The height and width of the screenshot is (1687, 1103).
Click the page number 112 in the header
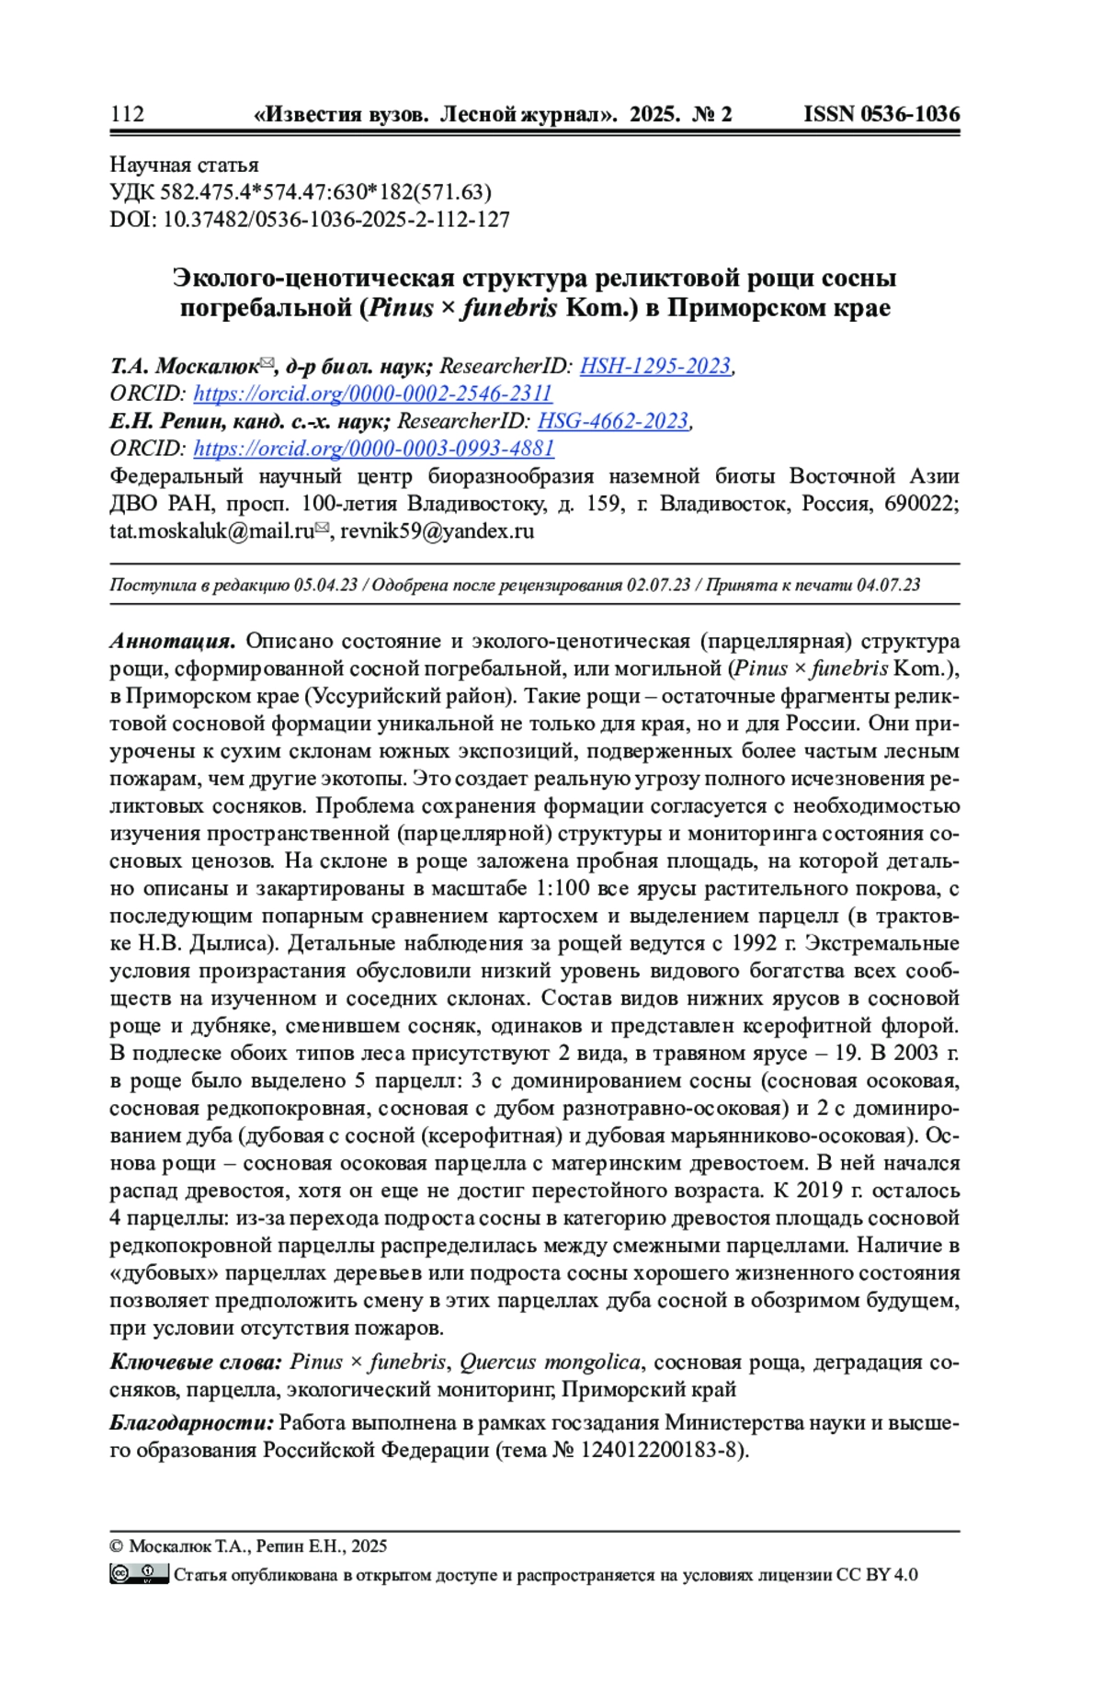coord(127,114)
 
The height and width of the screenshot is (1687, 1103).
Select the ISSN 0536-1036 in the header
coord(881,114)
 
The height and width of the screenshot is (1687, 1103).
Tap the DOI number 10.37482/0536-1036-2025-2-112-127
coord(335,220)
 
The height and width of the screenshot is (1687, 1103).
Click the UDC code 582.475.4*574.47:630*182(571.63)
coord(325,192)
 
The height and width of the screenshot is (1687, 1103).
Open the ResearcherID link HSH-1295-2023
coord(654,366)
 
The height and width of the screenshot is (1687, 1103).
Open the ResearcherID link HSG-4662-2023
coord(612,421)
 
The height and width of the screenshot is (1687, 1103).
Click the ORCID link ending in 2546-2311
coord(372,393)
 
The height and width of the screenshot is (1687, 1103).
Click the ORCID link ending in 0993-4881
coord(373,449)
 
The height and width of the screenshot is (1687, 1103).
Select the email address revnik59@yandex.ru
coord(437,531)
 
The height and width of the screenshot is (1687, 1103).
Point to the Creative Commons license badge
coord(139,1573)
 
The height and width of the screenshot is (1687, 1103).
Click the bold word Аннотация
coord(173,641)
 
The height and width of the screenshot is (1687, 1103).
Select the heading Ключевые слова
coord(195,1362)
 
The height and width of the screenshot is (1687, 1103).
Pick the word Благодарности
coord(191,1422)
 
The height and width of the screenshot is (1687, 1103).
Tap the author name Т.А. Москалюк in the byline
coord(184,366)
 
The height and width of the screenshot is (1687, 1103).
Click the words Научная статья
coord(184,165)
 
